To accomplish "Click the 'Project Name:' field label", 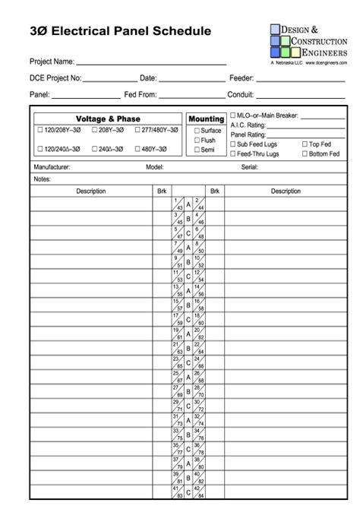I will click(x=52, y=62).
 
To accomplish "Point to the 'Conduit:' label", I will click(x=242, y=95).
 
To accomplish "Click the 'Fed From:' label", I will click(x=141, y=95).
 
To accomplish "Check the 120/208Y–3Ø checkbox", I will click(x=39, y=130).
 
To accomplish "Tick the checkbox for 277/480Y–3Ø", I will click(x=137, y=130).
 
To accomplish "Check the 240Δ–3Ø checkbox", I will click(x=93, y=150).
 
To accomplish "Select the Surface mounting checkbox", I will click(x=197, y=131).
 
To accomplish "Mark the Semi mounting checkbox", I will click(x=197, y=150).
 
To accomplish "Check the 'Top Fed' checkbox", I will click(x=305, y=144).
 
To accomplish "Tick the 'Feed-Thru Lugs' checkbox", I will click(x=233, y=153).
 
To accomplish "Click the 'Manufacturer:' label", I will click(x=52, y=166).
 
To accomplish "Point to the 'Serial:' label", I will click(x=249, y=166).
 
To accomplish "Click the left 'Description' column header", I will click(x=91, y=191).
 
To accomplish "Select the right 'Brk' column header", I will click(x=215, y=191).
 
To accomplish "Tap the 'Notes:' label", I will click(x=43, y=179).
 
